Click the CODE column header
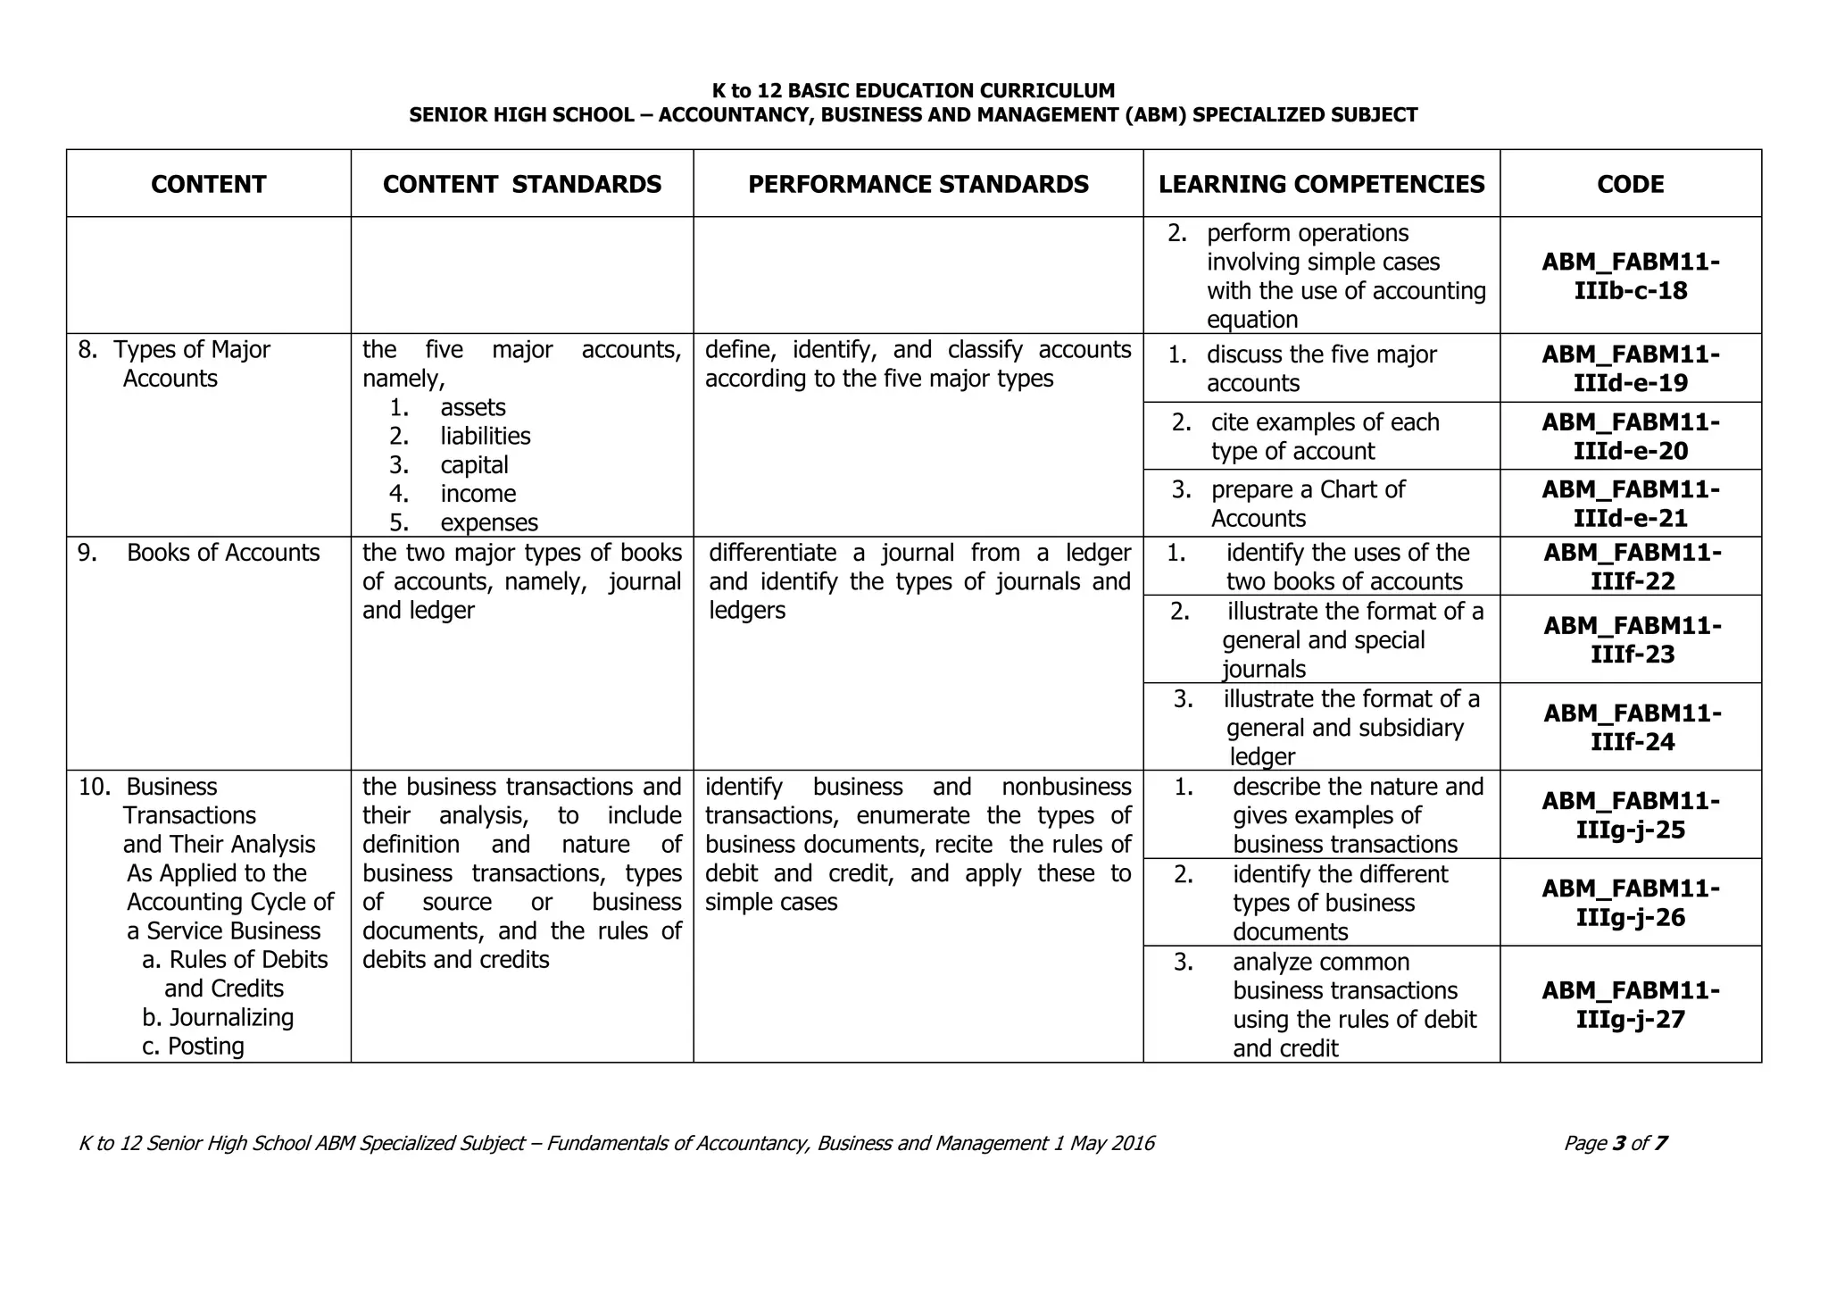pos(1630,184)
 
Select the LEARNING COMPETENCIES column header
pos(1321,184)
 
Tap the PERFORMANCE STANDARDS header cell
pos(918,184)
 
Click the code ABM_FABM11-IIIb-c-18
pos(1630,276)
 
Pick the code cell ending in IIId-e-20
pos(1630,436)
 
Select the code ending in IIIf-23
pos(1632,639)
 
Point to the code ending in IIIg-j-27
pos(1630,1005)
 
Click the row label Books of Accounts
pos(222,553)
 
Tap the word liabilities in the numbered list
pos(485,436)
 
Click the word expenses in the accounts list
pos(489,522)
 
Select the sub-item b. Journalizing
pos(218,1017)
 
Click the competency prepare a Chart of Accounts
pos(1307,504)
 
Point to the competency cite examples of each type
pos(1324,436)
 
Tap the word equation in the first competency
pos(1251,320)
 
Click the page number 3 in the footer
pos(1619,1143)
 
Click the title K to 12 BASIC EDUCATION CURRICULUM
pos(913,90)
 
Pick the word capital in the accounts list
pos(474,464)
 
